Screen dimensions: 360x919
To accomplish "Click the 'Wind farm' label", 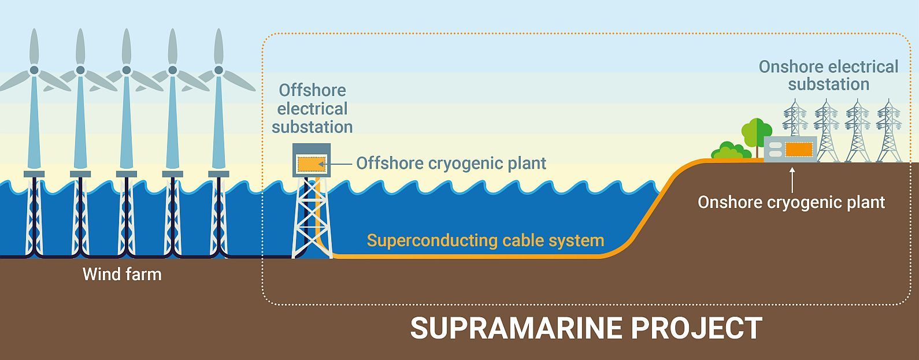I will click(122, 274).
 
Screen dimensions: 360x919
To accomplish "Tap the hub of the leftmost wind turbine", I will click(34, 70).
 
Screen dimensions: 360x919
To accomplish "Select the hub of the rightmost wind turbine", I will click(218, 70).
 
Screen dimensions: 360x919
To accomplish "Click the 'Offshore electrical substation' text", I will click(312, 109).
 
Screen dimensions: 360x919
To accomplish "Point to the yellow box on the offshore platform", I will click(312, 164).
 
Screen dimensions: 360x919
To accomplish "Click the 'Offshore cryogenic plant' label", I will click(451, 164).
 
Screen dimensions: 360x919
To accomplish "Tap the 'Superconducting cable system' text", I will click(486, 240).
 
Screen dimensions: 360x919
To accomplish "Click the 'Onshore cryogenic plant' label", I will click(791, 202).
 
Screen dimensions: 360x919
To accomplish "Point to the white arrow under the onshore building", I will click(791, 179).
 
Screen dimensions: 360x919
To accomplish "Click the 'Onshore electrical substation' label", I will click(828, 76).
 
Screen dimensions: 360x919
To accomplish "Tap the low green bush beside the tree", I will click(731, 151).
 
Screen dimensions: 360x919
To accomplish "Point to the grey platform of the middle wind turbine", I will click(127, 174).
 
